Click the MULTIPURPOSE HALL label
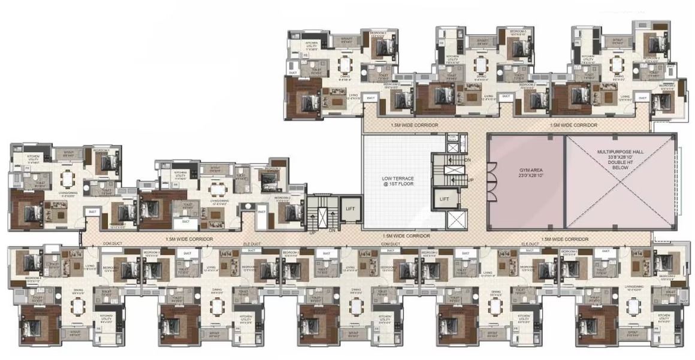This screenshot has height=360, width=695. coord(620,153)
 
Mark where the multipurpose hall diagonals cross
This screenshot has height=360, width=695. coord(621,182)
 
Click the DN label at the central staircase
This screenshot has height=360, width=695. coord(468,160)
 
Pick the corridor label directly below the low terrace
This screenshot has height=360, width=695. coord(407,237)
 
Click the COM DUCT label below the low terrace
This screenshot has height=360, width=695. coord(391,244)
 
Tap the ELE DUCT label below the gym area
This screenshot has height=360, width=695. coord(531,244)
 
